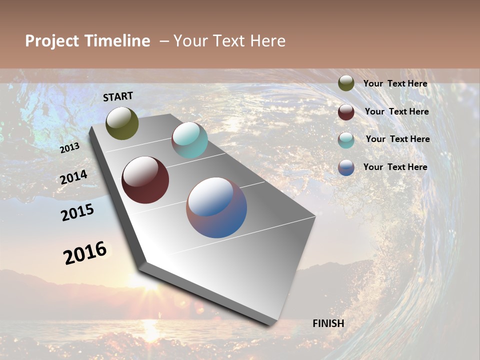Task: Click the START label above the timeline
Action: pos(118,96)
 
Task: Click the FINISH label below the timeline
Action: pos(328,323)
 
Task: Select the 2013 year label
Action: pos(70,147)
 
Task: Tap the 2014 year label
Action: pos(74,177)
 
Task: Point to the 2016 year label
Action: pos(85,253)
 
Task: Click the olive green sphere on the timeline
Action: pos(122,123)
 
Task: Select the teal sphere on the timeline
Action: pos(189,140)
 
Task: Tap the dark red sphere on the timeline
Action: pos(145,180)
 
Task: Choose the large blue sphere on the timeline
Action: pos(216,207)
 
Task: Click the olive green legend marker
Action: pos(346,83)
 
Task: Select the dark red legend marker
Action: pos(346,112)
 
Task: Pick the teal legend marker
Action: pos(346,140)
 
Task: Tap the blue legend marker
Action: pos(346,167)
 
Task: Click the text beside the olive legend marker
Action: pos(395,83)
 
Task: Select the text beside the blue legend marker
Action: pos(395,167)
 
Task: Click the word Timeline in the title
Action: pos(117,41)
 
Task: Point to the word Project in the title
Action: pos(52,41)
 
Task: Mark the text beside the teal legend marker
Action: pos(397,139)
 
